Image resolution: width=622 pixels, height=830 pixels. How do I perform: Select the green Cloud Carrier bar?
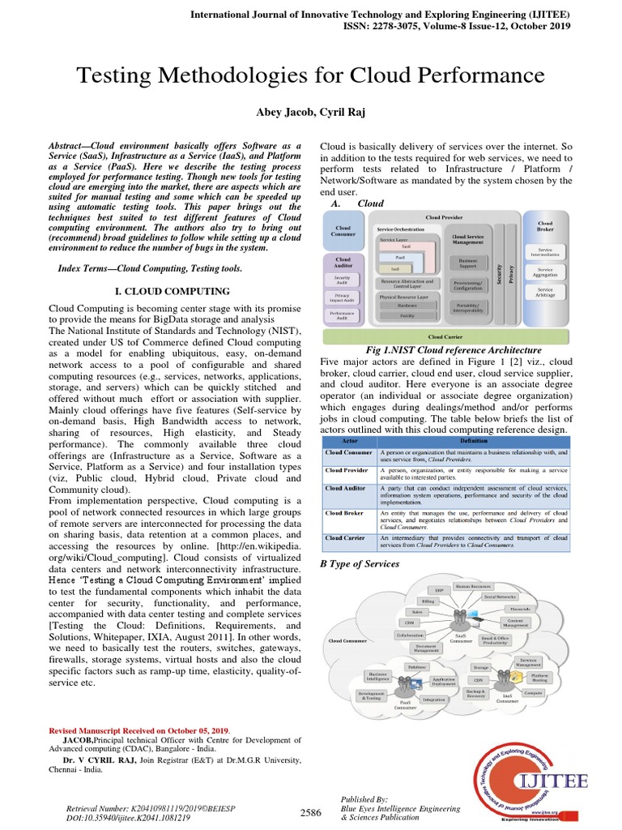446,336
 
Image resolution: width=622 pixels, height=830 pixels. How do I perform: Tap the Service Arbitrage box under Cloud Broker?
545,292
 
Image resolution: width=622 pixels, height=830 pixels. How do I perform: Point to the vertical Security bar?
499,272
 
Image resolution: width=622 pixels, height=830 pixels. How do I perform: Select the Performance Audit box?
343,314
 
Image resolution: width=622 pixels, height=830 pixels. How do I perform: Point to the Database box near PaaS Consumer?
418,666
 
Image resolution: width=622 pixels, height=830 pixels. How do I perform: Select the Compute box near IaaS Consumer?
533,694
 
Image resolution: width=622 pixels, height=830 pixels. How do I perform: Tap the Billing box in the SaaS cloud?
428,603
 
